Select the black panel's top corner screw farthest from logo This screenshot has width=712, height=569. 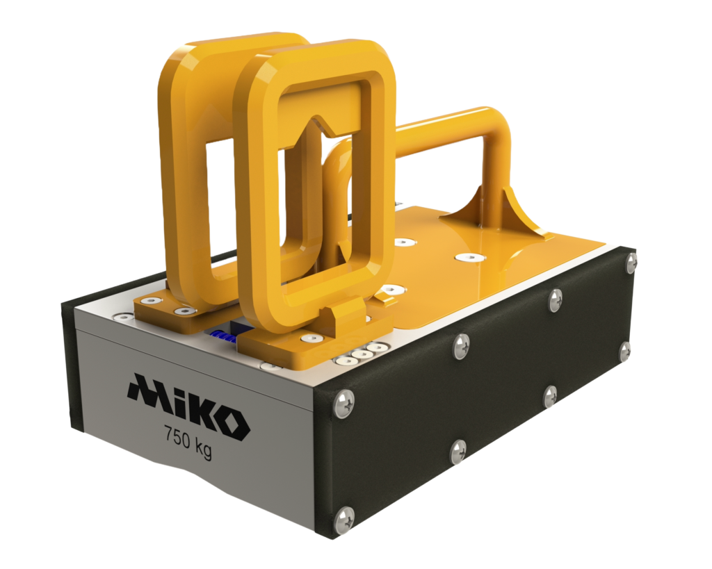631,261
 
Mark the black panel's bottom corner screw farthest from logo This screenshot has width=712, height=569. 624,352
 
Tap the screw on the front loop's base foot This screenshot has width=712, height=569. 306,339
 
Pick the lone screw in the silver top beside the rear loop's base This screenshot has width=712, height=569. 123,318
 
